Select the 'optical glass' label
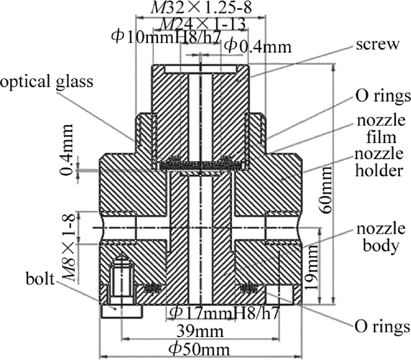(47, 82)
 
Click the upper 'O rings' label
(381, 95)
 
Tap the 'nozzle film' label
(382, 131)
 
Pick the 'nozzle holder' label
(382, 162)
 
